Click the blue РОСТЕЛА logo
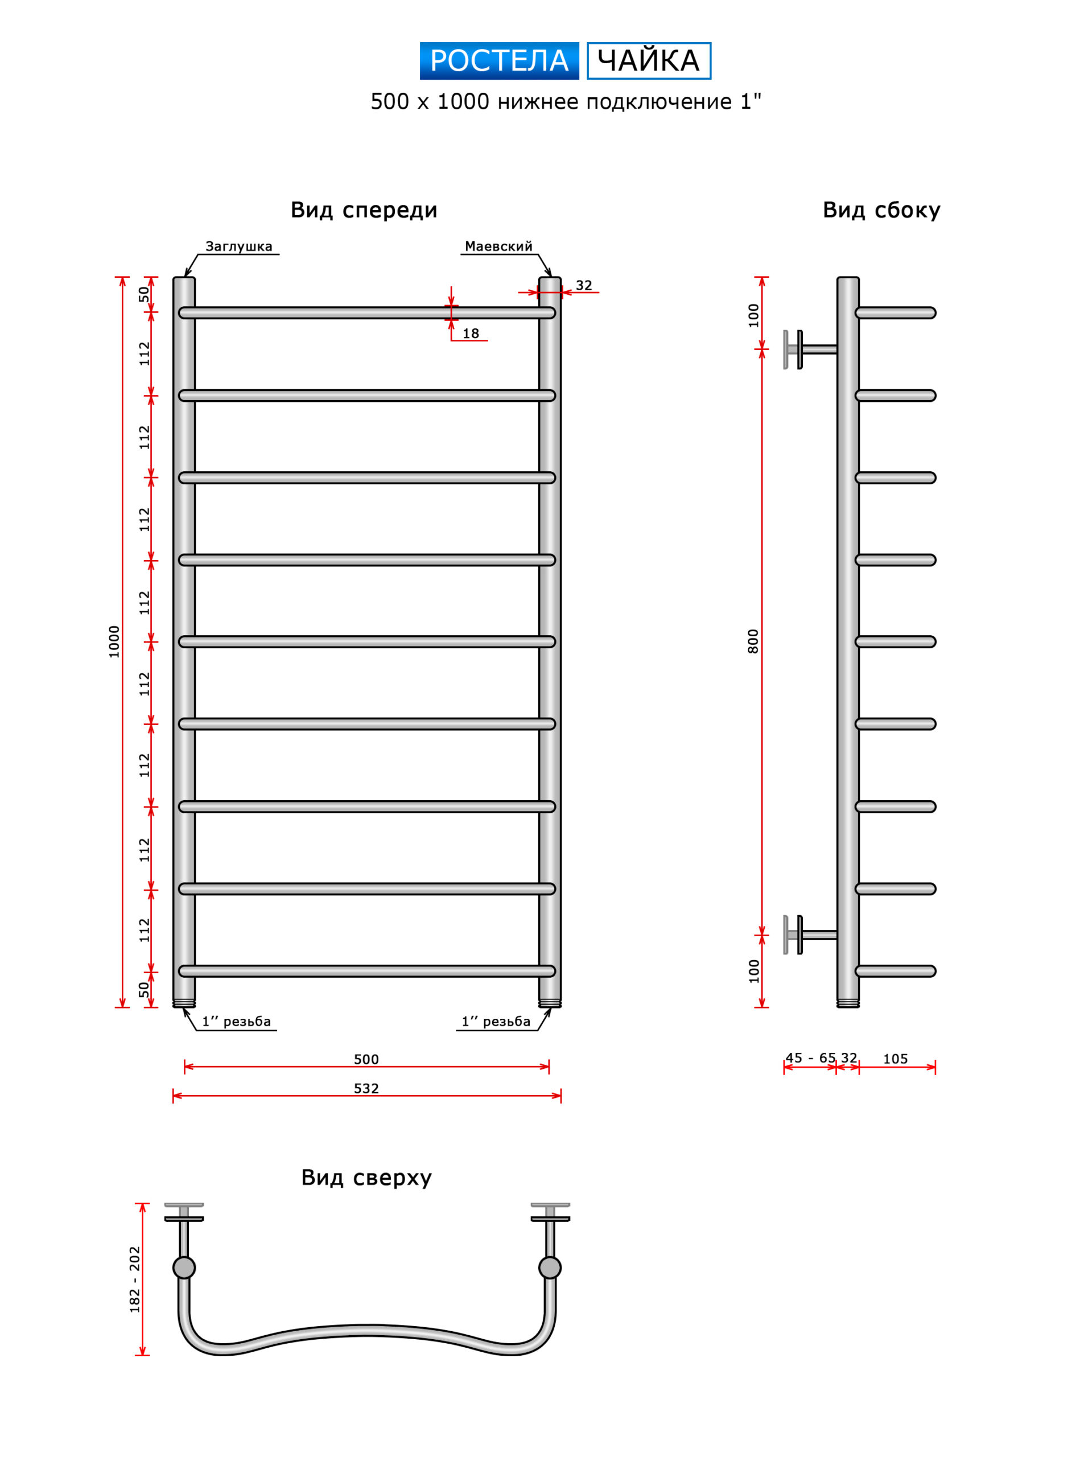click(499, 60)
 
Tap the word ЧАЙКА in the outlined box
click(648, 60)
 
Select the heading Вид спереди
click(364, 211)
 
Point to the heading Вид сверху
click(366, 1178)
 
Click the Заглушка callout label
click(238, 246)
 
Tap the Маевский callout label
click(498, 246)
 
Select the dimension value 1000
click(114, 641)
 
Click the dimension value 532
click(366, 1088)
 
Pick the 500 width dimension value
click(366, 1059)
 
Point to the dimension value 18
click(470, 334)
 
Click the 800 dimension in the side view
click(753, 641)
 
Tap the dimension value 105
click(895, 1059)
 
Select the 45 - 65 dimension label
click(810, 1057)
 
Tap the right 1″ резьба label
click(496, 1021)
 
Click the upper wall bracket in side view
click(810, 349)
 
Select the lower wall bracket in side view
click(810, 935)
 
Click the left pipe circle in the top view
click(184, 1267)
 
